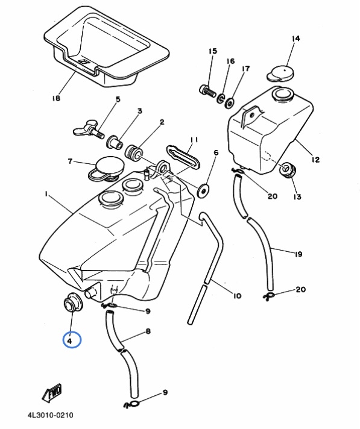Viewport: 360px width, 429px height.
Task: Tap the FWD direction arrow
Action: click(52, 393)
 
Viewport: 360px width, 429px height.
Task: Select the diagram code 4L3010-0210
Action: click(51, 415)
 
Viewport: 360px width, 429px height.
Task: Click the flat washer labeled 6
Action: click(203, 190)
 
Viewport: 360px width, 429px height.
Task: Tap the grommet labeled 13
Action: click(288, 170)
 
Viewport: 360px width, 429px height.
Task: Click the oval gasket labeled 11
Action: click(183, 156)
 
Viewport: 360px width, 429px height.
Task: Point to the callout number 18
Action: click(56, 98)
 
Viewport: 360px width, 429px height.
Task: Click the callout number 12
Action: click(315, 160)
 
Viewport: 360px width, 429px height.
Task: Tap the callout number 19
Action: click(298, 254)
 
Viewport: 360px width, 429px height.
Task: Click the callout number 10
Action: click(237, 295)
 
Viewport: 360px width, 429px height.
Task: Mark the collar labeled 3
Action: click(115, 142)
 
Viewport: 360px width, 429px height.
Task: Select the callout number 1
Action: click(46, 193)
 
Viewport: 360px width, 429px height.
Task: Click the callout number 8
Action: click(148, 331)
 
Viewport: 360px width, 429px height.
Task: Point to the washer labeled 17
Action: click(229, 103)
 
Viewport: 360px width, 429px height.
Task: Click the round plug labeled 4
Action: click(73, 302)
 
